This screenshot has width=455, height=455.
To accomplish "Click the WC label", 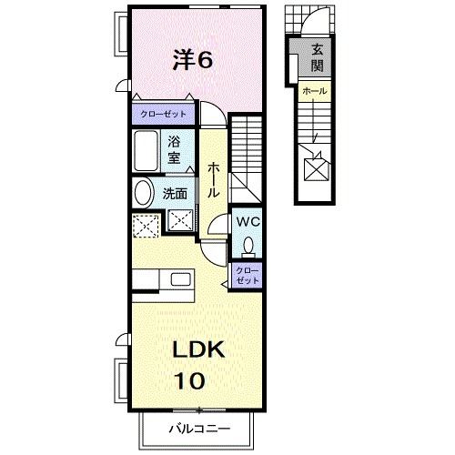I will tap(248, 222).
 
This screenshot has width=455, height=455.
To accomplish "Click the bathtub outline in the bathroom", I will tap(147, 151).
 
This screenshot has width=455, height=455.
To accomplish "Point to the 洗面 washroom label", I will tap(175, 193).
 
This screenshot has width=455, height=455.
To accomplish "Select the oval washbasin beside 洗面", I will tap(143, 193).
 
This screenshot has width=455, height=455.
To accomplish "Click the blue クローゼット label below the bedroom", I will tap(164, 114).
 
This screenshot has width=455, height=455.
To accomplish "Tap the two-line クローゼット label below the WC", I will tap(248, 275).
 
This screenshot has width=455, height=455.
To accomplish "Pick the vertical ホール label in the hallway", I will tap(212, 180).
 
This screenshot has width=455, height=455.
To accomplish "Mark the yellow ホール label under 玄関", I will tap(314, 92).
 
